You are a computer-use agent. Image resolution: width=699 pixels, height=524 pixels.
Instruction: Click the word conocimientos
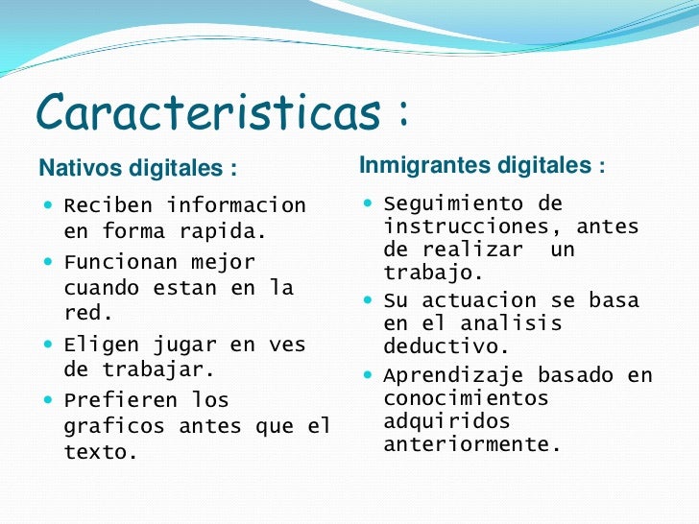[x=466, y=398]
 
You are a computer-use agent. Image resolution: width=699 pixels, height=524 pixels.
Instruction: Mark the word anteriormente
[x=471, y=445]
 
